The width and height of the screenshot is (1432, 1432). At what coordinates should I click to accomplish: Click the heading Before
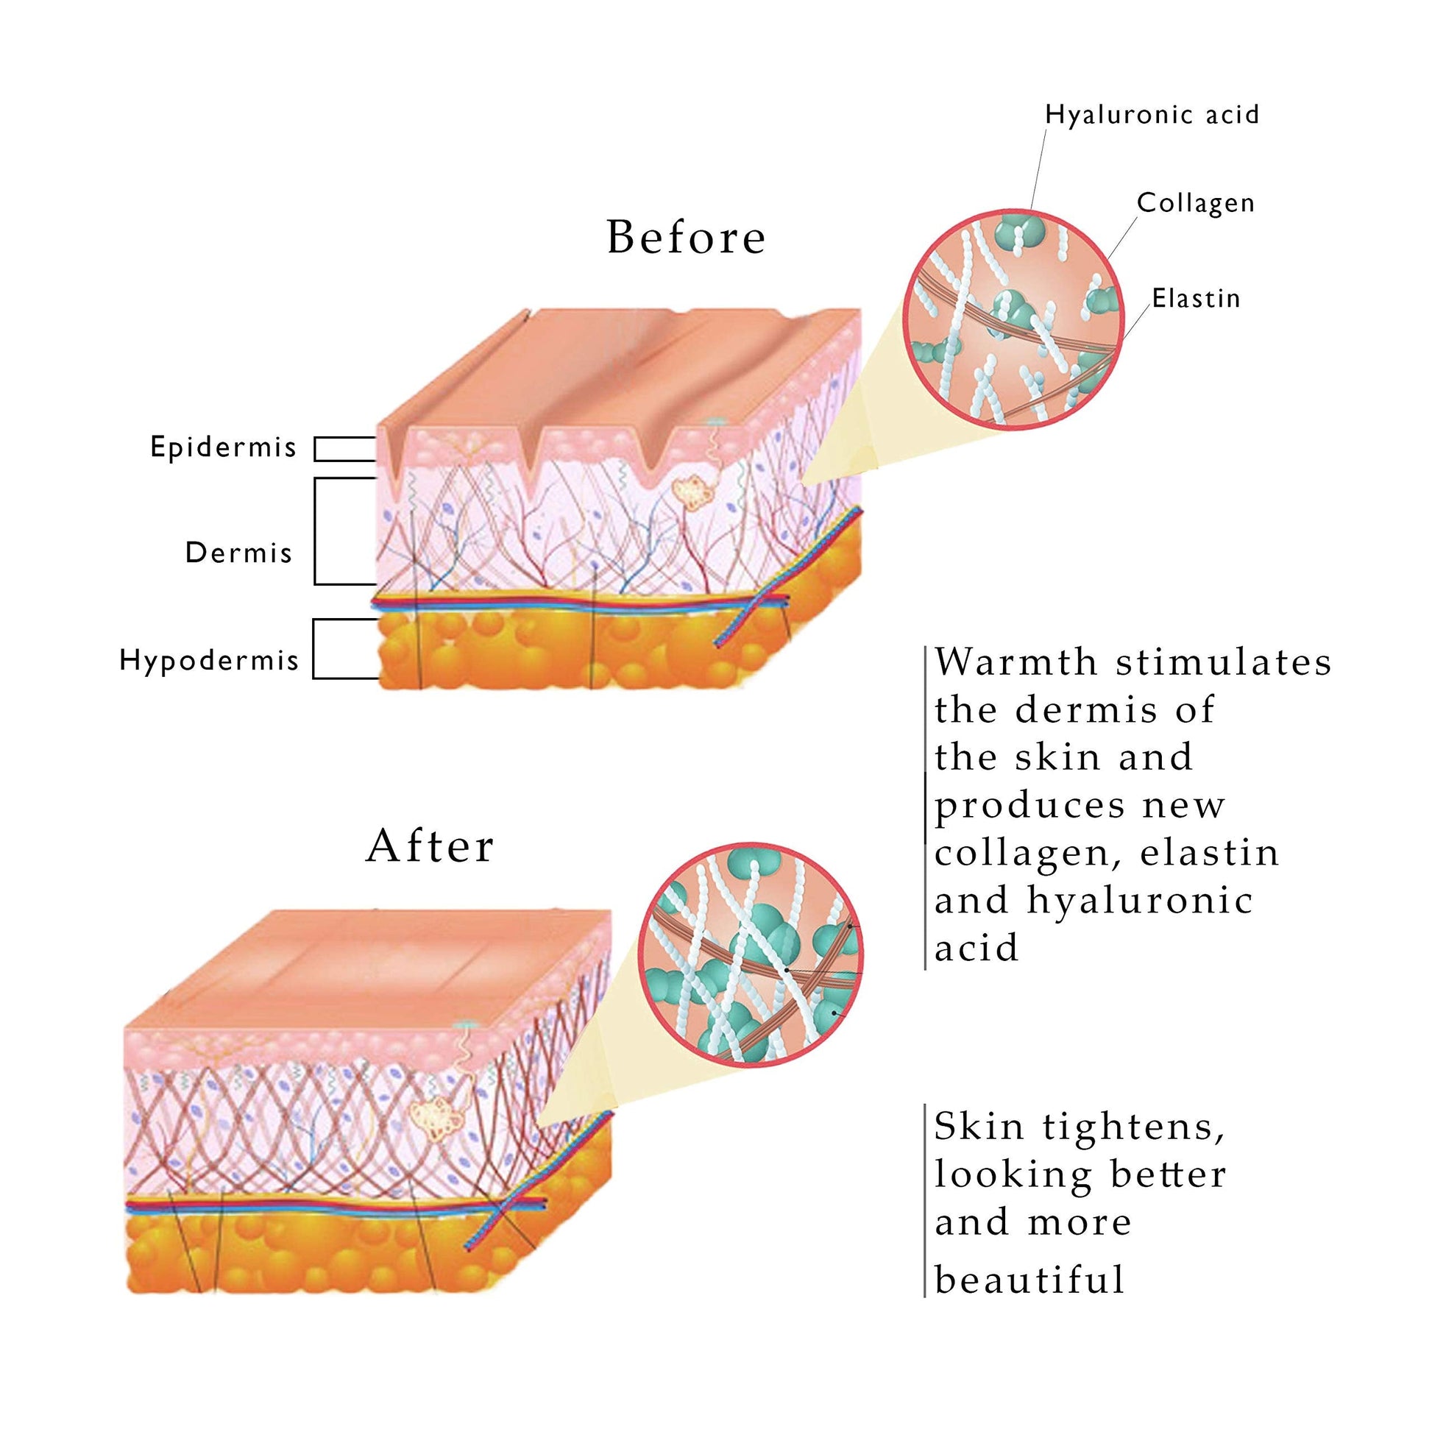pos(686,237)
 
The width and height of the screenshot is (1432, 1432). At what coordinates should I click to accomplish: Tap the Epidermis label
pos(223,447)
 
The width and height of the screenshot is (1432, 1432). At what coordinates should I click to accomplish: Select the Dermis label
pos(238,553)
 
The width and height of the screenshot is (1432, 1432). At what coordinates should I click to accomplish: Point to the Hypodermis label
pos(209,660)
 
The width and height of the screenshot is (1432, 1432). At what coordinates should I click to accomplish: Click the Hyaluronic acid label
pos(1152,115)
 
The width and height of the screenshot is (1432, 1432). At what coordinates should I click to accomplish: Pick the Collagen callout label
pos(1196,203)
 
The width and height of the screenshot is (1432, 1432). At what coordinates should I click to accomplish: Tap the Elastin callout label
pos(1196,299)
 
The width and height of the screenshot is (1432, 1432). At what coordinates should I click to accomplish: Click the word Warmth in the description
pos(1015,662)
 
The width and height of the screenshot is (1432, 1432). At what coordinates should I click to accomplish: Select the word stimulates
pos(1224,662)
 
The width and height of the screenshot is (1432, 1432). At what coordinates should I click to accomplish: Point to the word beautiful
pos(1029,1280)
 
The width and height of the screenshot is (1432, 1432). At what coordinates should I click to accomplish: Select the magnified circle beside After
pos(751,955)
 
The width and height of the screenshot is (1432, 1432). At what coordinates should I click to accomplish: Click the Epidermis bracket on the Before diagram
pos(344,449)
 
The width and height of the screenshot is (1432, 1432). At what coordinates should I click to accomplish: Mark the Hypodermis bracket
pos(344,648)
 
